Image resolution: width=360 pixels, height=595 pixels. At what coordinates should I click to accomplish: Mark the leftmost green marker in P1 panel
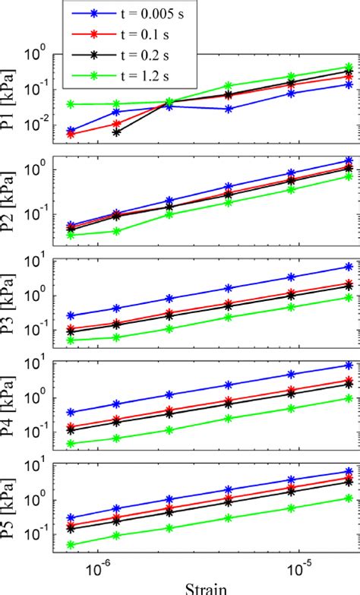click(71, 104)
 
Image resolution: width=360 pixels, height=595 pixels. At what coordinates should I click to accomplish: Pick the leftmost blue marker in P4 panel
click(71, 412)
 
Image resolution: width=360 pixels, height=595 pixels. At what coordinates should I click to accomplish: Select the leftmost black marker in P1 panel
click(116, 132)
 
